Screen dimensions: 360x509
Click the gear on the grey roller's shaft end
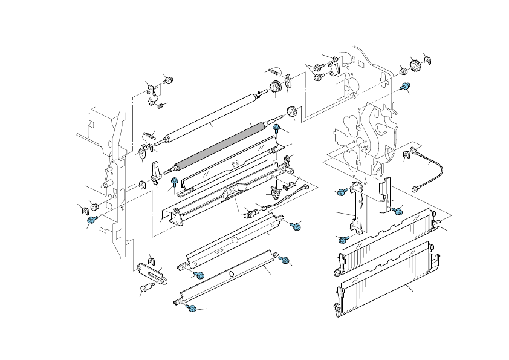coord(294,111)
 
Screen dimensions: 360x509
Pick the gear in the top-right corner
coord(415,64)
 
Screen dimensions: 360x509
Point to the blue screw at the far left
coord(92,220)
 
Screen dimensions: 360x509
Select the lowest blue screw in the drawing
coord(192,309)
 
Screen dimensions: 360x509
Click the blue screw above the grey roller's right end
coord(277,128)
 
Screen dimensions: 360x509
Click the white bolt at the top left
coord(169,80)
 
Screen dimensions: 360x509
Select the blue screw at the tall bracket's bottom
coord(342,239)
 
